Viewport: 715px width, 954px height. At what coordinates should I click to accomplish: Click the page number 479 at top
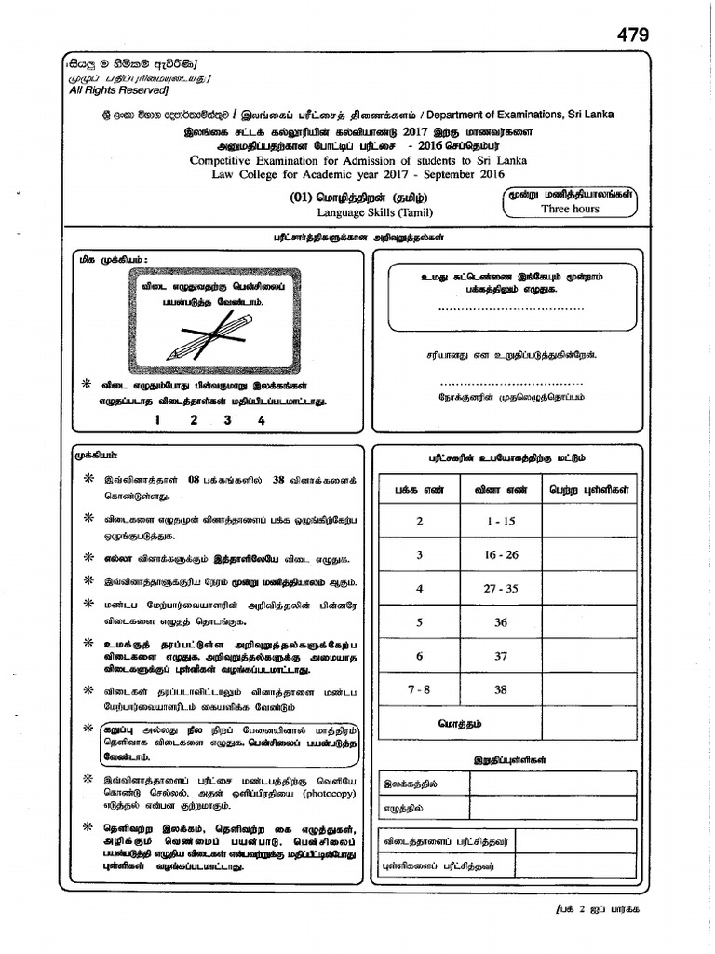tap(632, 34)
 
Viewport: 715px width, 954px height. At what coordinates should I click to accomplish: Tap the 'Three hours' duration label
tap(570, 210)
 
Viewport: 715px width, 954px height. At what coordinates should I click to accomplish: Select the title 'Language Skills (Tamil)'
tap(374, 213)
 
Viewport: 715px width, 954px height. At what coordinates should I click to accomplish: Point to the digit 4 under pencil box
tap(262, 420)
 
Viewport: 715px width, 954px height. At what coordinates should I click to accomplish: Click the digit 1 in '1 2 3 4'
tap(157, 420)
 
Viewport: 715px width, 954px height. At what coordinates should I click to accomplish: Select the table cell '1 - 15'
tap(500, 522)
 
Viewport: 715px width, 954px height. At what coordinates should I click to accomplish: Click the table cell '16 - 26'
tap(500, 555)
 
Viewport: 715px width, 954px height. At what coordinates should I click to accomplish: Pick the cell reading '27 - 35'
tap(500, 589)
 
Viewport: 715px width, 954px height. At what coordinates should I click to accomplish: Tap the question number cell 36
tap(501, 622)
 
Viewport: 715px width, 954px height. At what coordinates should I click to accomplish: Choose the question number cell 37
tap(501, 657)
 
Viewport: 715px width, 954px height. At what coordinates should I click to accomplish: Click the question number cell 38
tap(501, 690)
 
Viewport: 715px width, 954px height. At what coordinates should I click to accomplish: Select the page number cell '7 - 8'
tap(420, 690)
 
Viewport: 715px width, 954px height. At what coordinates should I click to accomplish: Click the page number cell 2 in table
tap(420, 522)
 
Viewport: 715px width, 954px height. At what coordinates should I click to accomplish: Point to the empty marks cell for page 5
tap(589, 622)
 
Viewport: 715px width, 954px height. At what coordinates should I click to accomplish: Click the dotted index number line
tap(510, 307)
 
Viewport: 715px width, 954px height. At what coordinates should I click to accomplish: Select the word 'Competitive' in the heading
tap(222, 160)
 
